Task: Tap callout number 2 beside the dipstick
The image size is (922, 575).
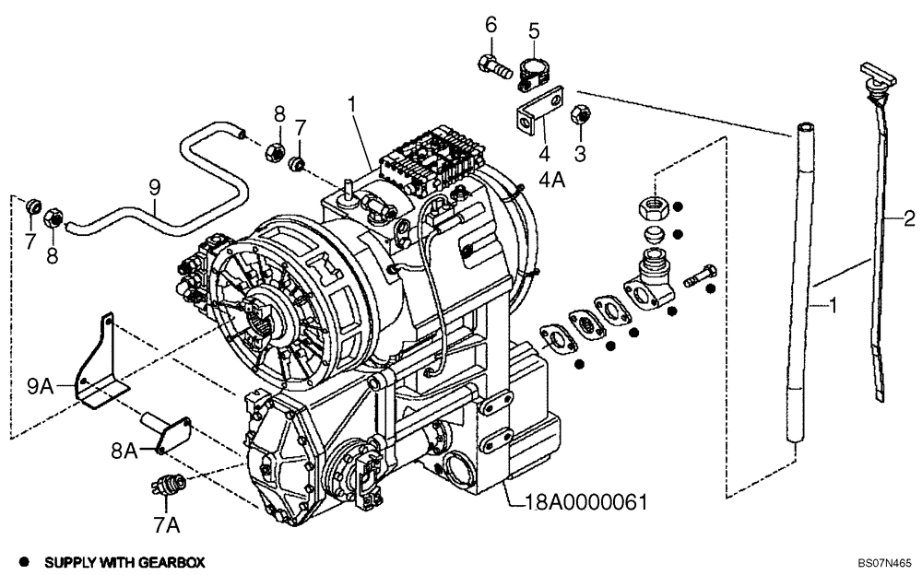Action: (908, 218)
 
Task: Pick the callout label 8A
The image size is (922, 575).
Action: (124, 450)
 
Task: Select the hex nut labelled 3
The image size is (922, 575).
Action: (582, 114)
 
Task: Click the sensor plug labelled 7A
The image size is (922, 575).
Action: (169, 485)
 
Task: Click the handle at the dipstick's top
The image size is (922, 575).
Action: (872, 72)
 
